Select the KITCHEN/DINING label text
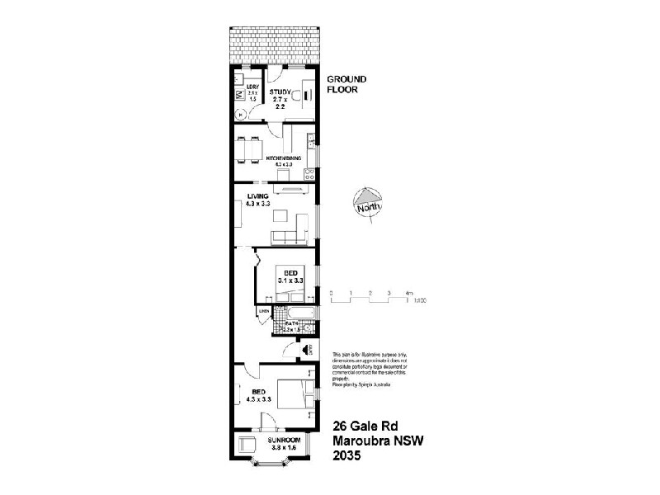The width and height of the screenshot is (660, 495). (x=282, y=157)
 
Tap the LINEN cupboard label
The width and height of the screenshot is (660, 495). (x=264, y=311)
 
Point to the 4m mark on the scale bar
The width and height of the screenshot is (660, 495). (x=408, y=293)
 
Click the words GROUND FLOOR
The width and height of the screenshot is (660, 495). (x=346, y=84)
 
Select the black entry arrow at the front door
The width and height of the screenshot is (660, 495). (x=306, y=350)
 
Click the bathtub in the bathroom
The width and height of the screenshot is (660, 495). (x=294, y=313)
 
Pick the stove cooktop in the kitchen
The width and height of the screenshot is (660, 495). (x=309, y=174)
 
